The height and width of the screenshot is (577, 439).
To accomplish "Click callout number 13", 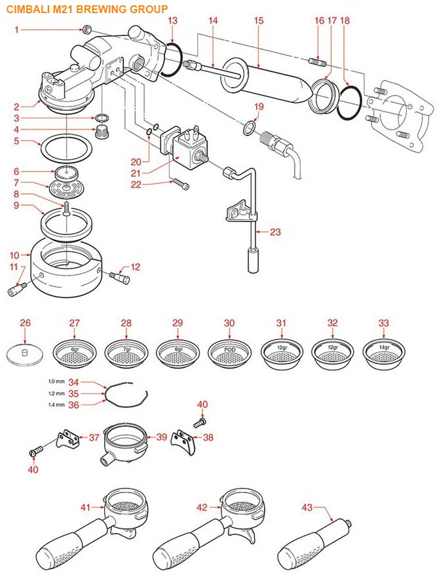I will (x=172, y=21).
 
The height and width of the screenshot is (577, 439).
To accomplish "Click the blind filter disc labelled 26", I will (x=26, y=354).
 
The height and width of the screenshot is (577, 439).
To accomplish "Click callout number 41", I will (x=85, y=506).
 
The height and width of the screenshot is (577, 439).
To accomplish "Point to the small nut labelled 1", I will (x=86, y=29).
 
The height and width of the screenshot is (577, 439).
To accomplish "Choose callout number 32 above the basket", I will (x=332, y=323).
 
